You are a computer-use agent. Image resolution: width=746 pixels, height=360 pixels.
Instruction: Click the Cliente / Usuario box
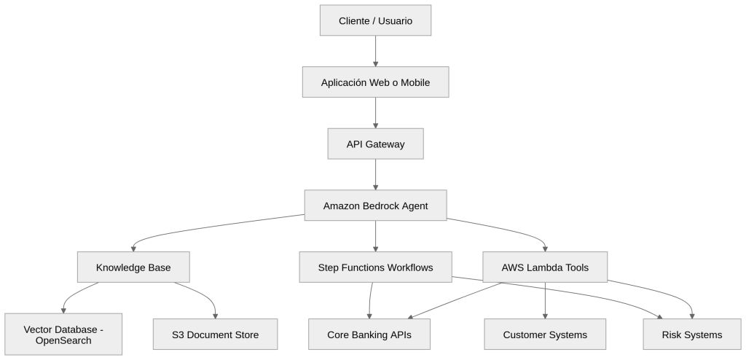[375, 20]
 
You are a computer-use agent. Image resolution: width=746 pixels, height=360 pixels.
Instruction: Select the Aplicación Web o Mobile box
[375, 82]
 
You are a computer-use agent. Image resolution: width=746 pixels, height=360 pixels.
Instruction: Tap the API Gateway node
[375, 144]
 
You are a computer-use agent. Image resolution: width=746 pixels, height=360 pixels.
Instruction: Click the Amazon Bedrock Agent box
[375, 206]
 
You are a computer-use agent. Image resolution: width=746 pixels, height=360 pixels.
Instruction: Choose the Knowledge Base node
[133, 267]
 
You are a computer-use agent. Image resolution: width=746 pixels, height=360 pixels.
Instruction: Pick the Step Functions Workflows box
[375, 267]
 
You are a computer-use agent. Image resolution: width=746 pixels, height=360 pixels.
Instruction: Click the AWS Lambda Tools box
[545, 267]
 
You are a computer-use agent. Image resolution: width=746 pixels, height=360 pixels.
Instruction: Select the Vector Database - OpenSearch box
[63, 335]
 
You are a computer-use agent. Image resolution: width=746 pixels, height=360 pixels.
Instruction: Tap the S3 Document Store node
[215, 335]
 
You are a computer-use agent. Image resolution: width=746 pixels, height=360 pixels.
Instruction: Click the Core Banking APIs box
[369, 335]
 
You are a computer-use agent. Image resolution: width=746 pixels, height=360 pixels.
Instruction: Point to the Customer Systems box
[545, 335]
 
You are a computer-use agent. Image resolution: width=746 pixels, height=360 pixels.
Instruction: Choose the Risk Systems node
[693, 335]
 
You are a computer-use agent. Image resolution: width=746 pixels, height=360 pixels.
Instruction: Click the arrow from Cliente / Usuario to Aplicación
[375, 51]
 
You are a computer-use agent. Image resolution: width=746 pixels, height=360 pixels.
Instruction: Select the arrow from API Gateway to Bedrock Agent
[375, 175]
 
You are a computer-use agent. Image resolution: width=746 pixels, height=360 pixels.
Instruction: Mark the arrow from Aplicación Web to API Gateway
[375, 113]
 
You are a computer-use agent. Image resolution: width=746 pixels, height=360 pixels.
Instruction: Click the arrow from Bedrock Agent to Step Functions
[375, 236]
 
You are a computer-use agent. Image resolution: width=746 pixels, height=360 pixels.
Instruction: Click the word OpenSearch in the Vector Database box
[63, 341]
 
